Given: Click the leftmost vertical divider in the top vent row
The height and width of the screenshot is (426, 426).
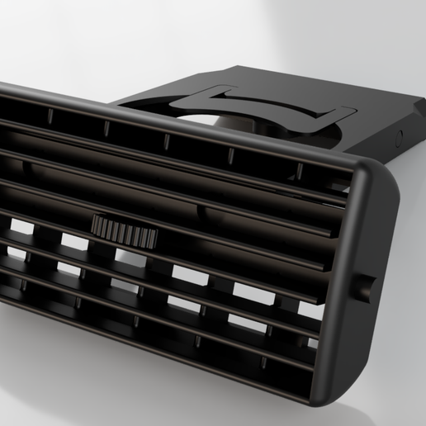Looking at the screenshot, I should (50, 116).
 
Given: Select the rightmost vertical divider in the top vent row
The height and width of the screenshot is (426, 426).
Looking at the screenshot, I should (299, 171).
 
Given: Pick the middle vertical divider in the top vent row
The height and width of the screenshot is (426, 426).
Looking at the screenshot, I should (165, 140).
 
